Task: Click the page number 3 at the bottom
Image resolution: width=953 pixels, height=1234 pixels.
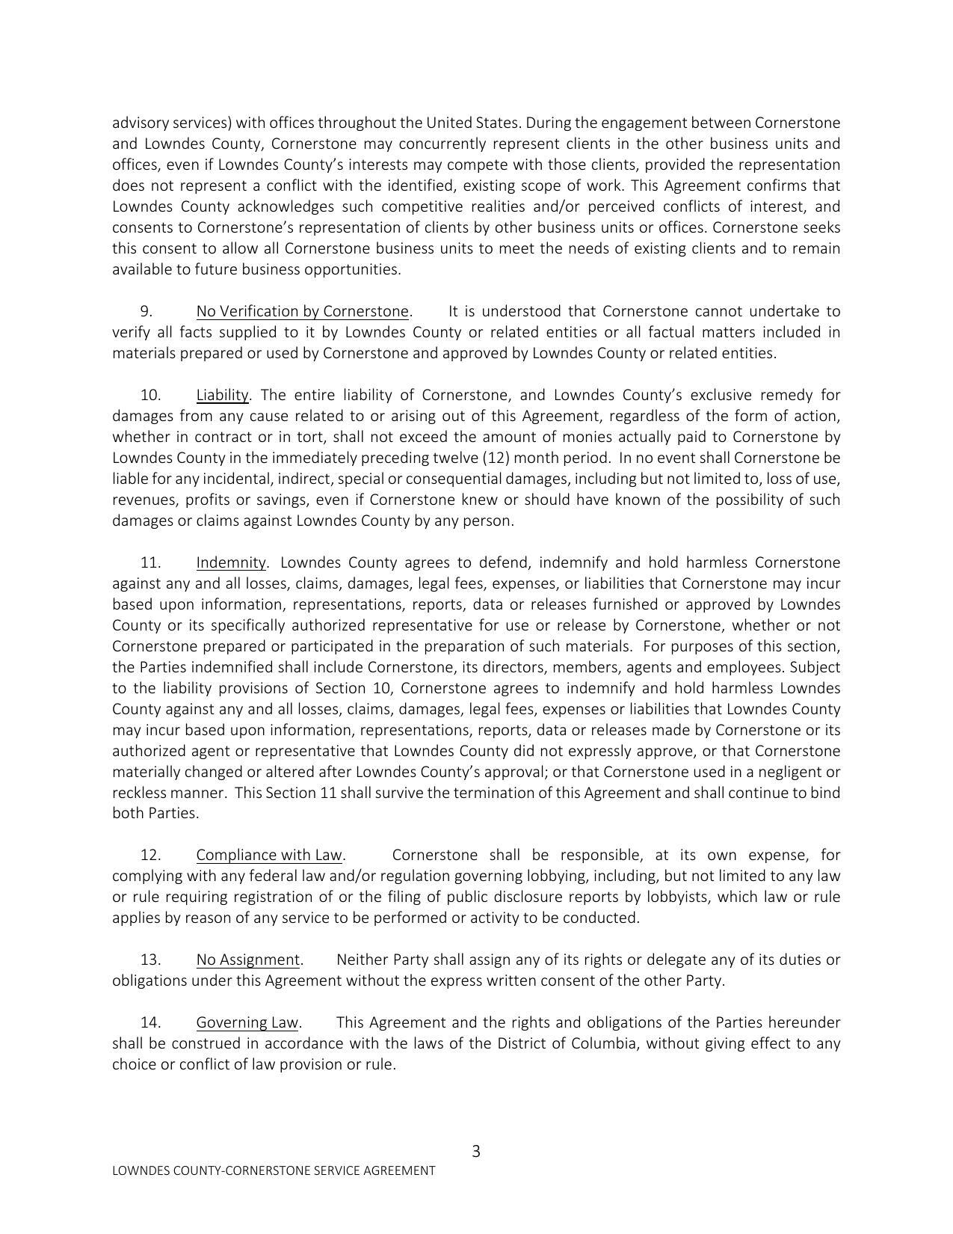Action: [476, 1151]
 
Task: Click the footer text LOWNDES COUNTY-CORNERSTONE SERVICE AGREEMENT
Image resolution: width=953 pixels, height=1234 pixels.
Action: [274, 1171]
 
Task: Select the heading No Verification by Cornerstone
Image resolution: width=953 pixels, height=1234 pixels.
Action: [303, 311]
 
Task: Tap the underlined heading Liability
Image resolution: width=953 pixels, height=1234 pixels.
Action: [222, 395]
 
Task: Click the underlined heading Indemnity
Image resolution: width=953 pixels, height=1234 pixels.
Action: [231, 562]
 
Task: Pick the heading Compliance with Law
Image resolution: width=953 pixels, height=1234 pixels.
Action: [269, 855]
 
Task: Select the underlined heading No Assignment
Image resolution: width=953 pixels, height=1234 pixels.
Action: [248, 960]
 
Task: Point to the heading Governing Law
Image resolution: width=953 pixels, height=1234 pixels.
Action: [247, 1022]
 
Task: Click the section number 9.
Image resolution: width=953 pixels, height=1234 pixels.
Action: [147, 311]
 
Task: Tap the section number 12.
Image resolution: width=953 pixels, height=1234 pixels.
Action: [150, 855]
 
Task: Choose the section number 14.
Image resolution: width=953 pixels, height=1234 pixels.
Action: [150, 1022]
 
